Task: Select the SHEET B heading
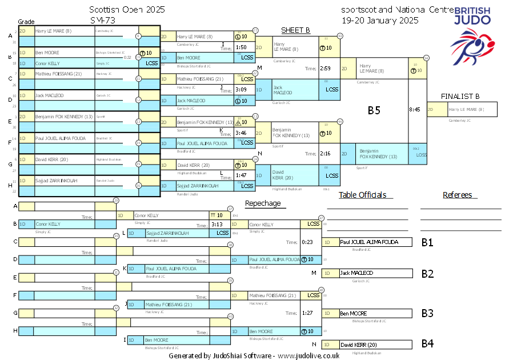point(295,30)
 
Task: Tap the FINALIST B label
point(460,96)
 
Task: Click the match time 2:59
point(326,69)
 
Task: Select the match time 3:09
point(241,90)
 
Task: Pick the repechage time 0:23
point(307,242)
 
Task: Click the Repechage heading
point(263,203)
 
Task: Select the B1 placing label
point(427,242)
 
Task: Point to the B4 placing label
point(427,344)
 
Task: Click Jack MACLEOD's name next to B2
point(356,273)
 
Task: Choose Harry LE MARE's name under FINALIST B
point(466,109)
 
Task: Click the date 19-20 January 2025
point(380,20)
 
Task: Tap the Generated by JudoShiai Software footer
point(254,355)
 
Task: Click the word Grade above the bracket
point(27,21)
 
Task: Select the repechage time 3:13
point(217,225)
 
